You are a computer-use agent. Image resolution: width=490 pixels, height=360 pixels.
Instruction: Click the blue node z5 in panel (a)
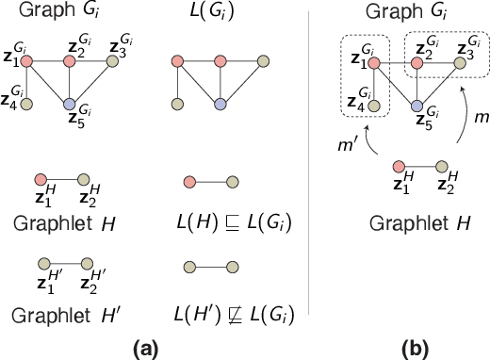click(x=69, y=104)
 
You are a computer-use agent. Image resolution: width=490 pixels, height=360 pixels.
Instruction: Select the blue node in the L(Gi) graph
click(x=219, y=104)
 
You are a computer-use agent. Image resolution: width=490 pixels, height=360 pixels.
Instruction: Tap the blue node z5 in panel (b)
click(x=416, y=106)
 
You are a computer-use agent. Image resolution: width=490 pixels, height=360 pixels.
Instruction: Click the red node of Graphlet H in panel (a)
click(x=41, y=179)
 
